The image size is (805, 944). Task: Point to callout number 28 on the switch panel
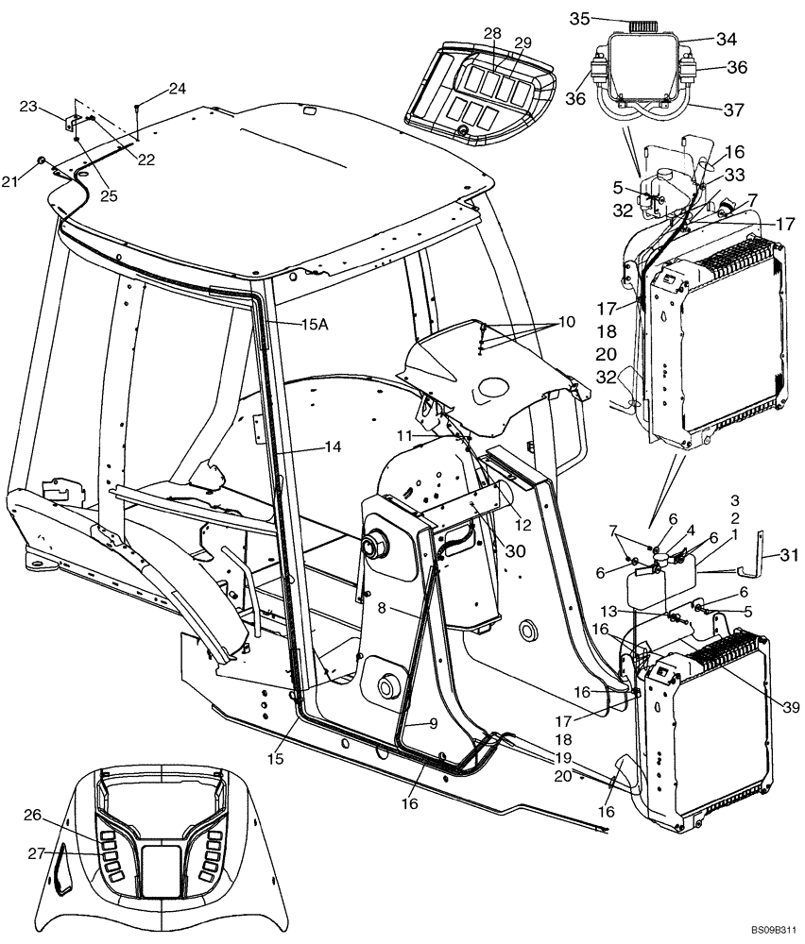click(x=491, y=34)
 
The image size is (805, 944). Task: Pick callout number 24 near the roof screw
click(x=177, y=89)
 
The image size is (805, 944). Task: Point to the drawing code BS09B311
click(x=774, y=930)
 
